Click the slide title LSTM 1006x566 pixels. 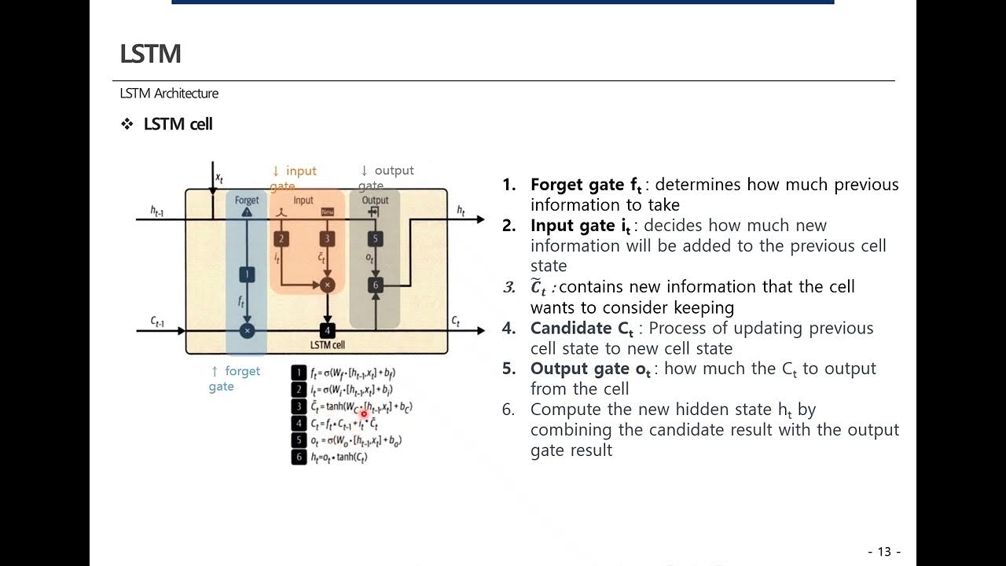(x=150, y=53)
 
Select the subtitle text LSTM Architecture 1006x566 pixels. (x=169, y=93)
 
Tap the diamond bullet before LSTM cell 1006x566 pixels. (x=127, y=124)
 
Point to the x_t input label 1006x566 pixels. (x=219, y=178)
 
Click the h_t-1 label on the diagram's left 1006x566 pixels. (x=156, y=211)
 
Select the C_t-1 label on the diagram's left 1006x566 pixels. (x=156, y=322)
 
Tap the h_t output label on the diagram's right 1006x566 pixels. (x=461, y=210)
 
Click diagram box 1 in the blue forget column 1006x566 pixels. (x=247, y=274)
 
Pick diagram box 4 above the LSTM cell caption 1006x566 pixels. (x=328, y=331)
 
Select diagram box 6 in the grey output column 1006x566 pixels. (x=376, y=285)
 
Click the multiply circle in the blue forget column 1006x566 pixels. (x=247, y=331)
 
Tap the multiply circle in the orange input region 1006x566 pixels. (x=328, y=285)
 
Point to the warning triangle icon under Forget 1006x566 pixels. (x=247, y=212)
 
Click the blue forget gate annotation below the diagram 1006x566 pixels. (x=234, y=378)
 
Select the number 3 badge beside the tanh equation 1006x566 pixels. (x=299, y=406)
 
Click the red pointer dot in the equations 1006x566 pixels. (x=364, y=413)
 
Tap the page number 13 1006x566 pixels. (x=884, y=551)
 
